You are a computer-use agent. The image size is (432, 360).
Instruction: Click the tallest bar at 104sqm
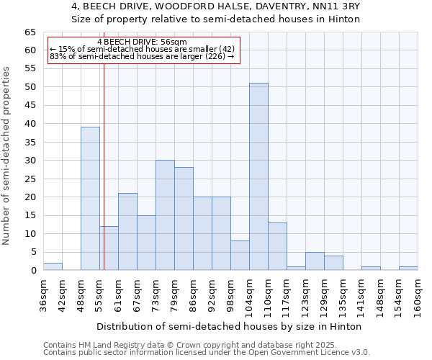(258, 176)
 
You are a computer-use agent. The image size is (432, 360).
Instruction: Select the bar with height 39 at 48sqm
(90, 199)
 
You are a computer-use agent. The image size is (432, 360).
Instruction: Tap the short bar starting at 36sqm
(53, 266)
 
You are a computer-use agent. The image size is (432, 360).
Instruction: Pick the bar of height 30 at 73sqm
(165, 215)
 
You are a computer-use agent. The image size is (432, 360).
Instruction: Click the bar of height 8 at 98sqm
(240, 256)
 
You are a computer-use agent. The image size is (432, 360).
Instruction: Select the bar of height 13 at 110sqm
(277, 246)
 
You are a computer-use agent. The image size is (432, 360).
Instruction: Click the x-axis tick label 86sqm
(194, 296)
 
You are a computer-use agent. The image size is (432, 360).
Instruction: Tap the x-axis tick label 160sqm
(418, 296)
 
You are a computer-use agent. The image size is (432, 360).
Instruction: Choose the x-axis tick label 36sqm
(44, 296)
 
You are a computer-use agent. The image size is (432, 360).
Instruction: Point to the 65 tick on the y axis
(30, 32)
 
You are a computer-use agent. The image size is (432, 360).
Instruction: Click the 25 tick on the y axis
(30, 179)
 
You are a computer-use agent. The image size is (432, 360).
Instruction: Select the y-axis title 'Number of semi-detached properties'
(7, 156)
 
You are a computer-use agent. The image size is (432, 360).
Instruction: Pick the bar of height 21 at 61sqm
(127, 232)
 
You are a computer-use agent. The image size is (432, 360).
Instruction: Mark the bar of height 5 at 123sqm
(315, 261)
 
